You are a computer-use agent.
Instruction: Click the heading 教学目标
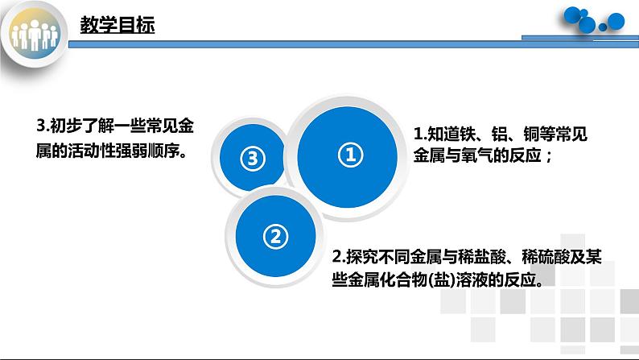(117, 26)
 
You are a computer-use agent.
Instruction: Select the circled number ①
(349, 155)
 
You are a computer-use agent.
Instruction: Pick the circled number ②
(274, 236)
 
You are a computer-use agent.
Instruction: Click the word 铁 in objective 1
(467, 135)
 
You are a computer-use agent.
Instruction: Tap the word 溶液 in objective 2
(467, 279)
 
